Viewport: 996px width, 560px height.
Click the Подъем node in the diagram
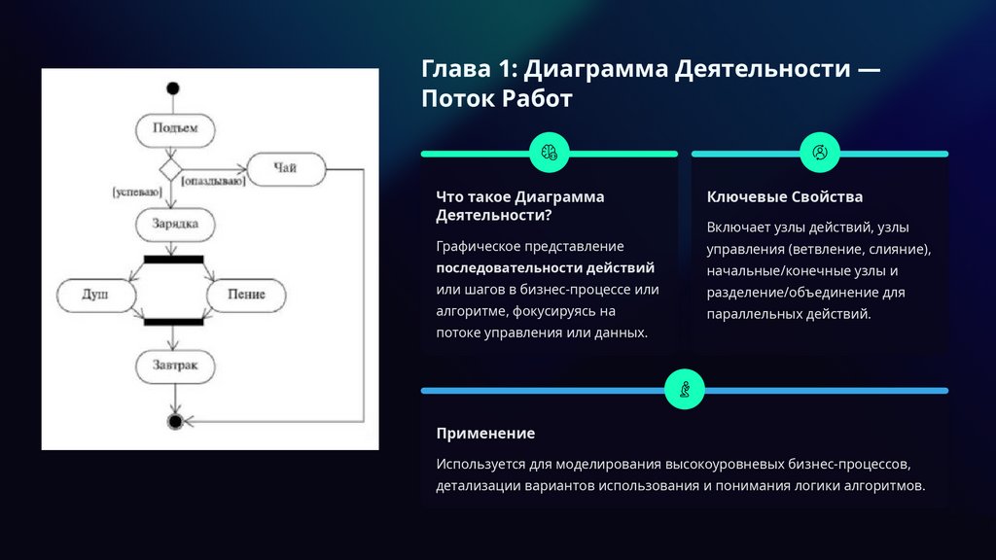click(174, 127)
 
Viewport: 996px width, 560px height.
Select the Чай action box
click(284, 169)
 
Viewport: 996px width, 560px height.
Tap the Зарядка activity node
click(174, 224)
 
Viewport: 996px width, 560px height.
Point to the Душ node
click(94, 294)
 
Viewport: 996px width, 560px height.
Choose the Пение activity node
click(248, 294)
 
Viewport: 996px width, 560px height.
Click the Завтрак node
click(174, 366)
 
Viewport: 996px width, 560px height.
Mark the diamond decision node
click(172, 170)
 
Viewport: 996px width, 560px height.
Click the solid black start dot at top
click(173, 89)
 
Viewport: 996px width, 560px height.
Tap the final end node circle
click(174, 421)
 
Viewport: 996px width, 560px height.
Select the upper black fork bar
click(173, 259)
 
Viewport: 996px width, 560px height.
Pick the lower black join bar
click(173, 322)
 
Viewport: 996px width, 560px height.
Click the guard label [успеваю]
click(137, 193)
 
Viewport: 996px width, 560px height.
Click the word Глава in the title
click(455, 70)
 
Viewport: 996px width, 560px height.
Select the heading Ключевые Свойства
click(785, 196)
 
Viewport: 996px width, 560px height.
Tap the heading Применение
click(485, 433)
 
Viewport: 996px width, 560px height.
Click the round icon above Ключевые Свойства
click(819, 152)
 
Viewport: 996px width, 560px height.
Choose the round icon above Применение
click(684, 389)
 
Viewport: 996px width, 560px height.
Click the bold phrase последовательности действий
click(545, 267)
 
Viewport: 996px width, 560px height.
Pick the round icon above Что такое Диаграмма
click(549, 152)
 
